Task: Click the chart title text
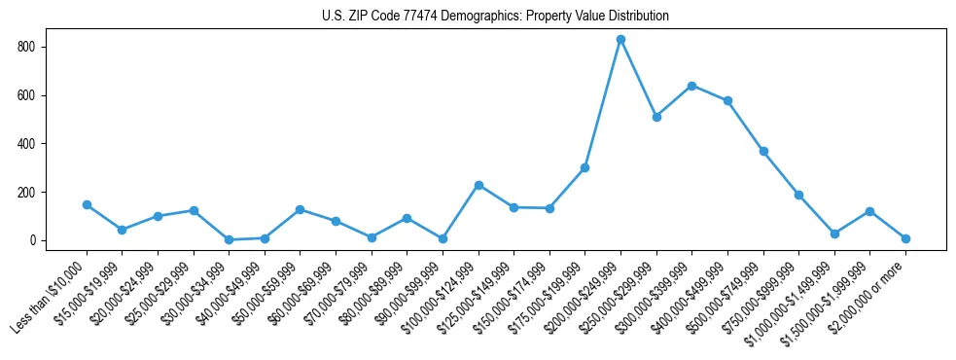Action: pos(495,17)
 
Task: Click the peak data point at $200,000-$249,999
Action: pos(620,40)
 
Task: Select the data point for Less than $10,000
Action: pos(87,205)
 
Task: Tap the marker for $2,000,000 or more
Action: pos(905,238)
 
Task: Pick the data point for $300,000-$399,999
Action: pos(691,86)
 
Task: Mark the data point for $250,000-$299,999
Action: pos(656,117)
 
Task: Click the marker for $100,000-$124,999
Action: pos(478,185)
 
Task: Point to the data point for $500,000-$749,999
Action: pos(763,152)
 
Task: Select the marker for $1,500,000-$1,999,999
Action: pos(869,211)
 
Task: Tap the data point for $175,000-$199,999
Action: pos(584,167)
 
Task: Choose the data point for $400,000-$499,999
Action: pos(727,101)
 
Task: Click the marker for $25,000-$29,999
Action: pos(194,210)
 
